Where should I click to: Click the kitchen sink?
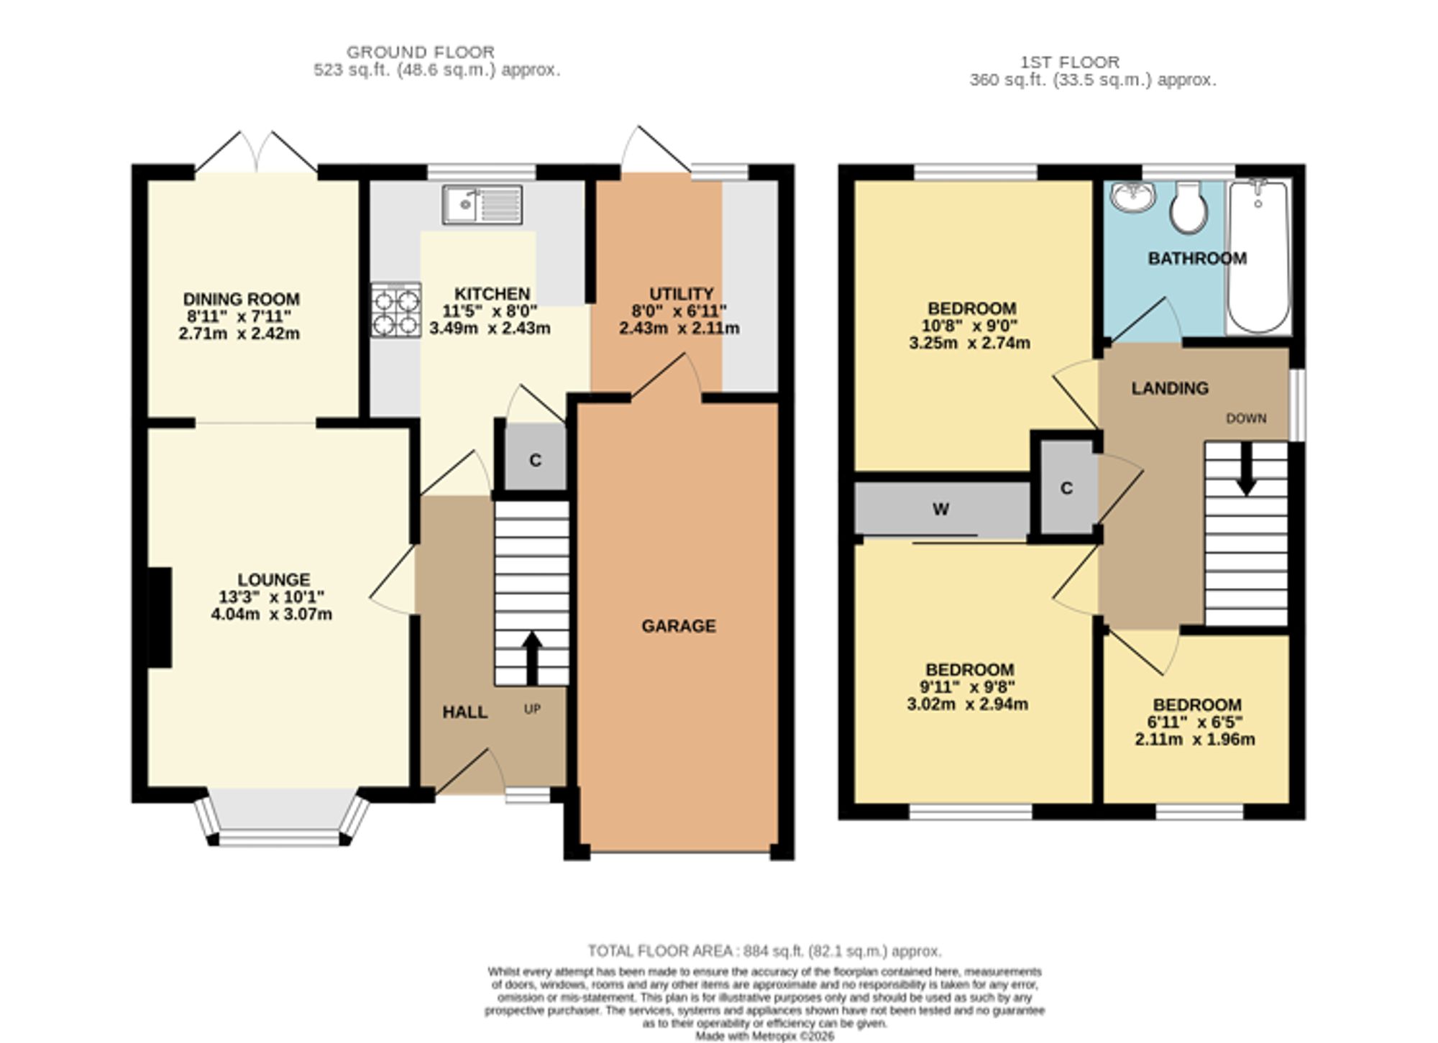(482, 205)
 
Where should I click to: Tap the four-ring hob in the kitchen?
(396, 310)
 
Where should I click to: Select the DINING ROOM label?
(242, 299)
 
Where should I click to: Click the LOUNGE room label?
(274, 579)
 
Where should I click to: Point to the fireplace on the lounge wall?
(160, 617)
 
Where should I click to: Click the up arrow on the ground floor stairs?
(532, 658)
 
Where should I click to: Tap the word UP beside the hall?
(532, 709)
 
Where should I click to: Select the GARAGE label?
(679, 626)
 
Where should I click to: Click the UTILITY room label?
(681, 294)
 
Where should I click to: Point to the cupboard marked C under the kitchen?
(535, 460)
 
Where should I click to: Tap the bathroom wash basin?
(1132, 196)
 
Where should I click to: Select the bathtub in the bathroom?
(1258, 257)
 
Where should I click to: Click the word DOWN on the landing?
(1247, 418)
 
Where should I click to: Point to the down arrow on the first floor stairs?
(1246, 469)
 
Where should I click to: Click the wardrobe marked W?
(941, 510)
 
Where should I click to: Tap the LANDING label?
(1170, 388)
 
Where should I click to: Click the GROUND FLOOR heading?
(421, 52)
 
